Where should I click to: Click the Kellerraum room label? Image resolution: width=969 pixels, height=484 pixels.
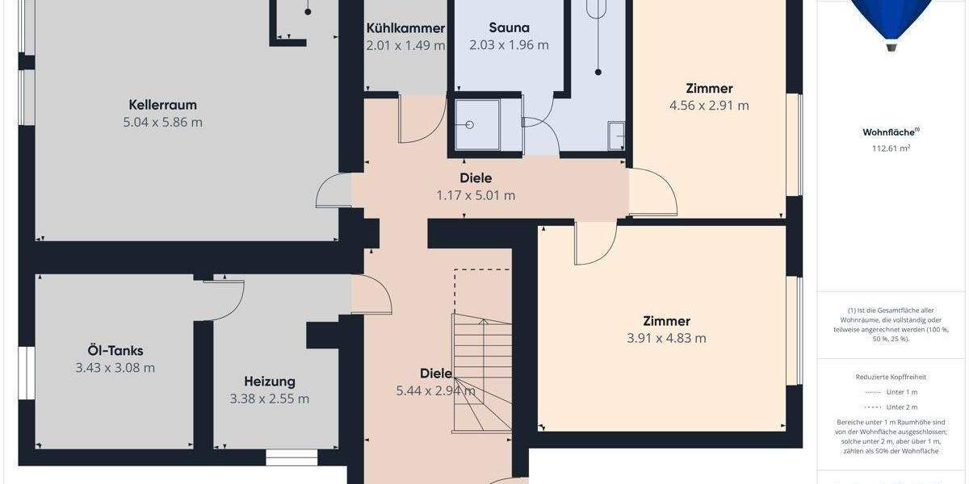pyautogui.click(x=162, y=105)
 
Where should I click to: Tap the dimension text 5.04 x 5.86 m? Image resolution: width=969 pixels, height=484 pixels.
pyautogui.click(x=162, y=123)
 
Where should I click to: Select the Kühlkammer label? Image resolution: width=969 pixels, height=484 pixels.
pyautogui.click(x=405, y=28)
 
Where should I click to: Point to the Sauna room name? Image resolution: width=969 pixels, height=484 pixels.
pyautogui.click(x=509, y=28)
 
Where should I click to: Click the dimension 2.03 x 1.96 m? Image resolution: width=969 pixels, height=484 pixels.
pyautogui.click(x=509, y=45)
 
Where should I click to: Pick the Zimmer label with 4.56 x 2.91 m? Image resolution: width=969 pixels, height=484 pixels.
pyautogui.click(x=709, y=89)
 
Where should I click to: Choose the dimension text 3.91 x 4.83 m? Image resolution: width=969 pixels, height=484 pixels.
pyautogui.click(x=666, y=338)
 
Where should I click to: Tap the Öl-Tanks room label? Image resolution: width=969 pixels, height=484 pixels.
pyautogui.click(x=115, y=351)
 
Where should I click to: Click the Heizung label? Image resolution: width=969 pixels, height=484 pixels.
pyautogui.click(x=270, y=382)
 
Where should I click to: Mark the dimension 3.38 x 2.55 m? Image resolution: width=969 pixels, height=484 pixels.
pyautogui.click(x=270, y=398)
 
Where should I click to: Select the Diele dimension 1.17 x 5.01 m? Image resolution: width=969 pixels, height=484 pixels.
pyautogui.click(x=476, y=195)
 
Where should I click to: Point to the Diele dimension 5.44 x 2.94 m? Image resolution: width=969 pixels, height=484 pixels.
pyautogui.click(x=435, y=391)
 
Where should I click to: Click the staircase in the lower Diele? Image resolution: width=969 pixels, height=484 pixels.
pyautogui.click(x=483, y=371)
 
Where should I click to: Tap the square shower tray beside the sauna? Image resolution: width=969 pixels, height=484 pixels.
pyautogui.click(x=477, y=125)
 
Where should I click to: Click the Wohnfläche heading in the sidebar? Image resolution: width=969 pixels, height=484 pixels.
pyautogui.click(x=891, y=132)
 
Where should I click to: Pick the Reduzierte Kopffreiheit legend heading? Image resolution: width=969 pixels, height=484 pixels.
pyautogui.click(x=891, y=377)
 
